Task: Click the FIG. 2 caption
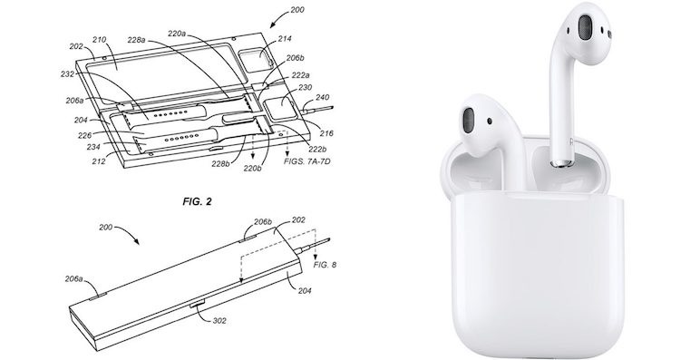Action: tap(197, 201)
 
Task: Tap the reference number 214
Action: tap(285, 39)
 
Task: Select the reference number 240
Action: tap(322, 97)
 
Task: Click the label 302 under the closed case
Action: tap(219, 320)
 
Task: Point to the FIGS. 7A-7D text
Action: tap(306, 161)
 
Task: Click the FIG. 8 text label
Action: tap(325, 265)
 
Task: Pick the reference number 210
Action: tap(99, 40)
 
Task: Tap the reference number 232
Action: tap(68, 74)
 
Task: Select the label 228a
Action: tap(136, 40)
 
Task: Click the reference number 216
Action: tap(326, 133)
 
